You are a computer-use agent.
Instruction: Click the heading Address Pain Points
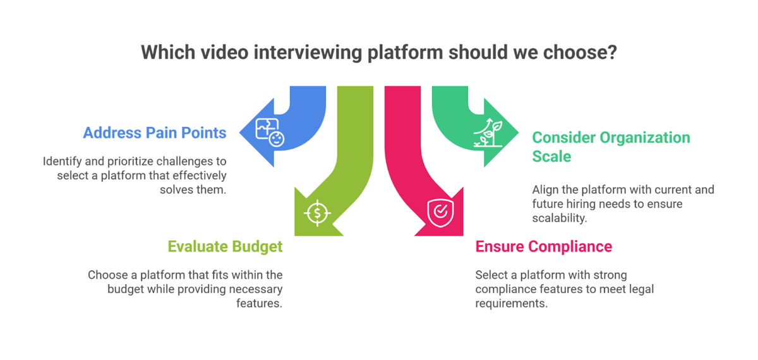155,133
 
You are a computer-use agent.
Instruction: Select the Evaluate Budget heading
225,246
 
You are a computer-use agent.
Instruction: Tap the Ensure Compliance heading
543,246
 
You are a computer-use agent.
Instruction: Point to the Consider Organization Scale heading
611,146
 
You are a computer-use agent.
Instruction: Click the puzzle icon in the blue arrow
269,132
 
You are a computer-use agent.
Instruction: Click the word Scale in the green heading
551,155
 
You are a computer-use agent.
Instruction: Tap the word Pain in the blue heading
165,133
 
